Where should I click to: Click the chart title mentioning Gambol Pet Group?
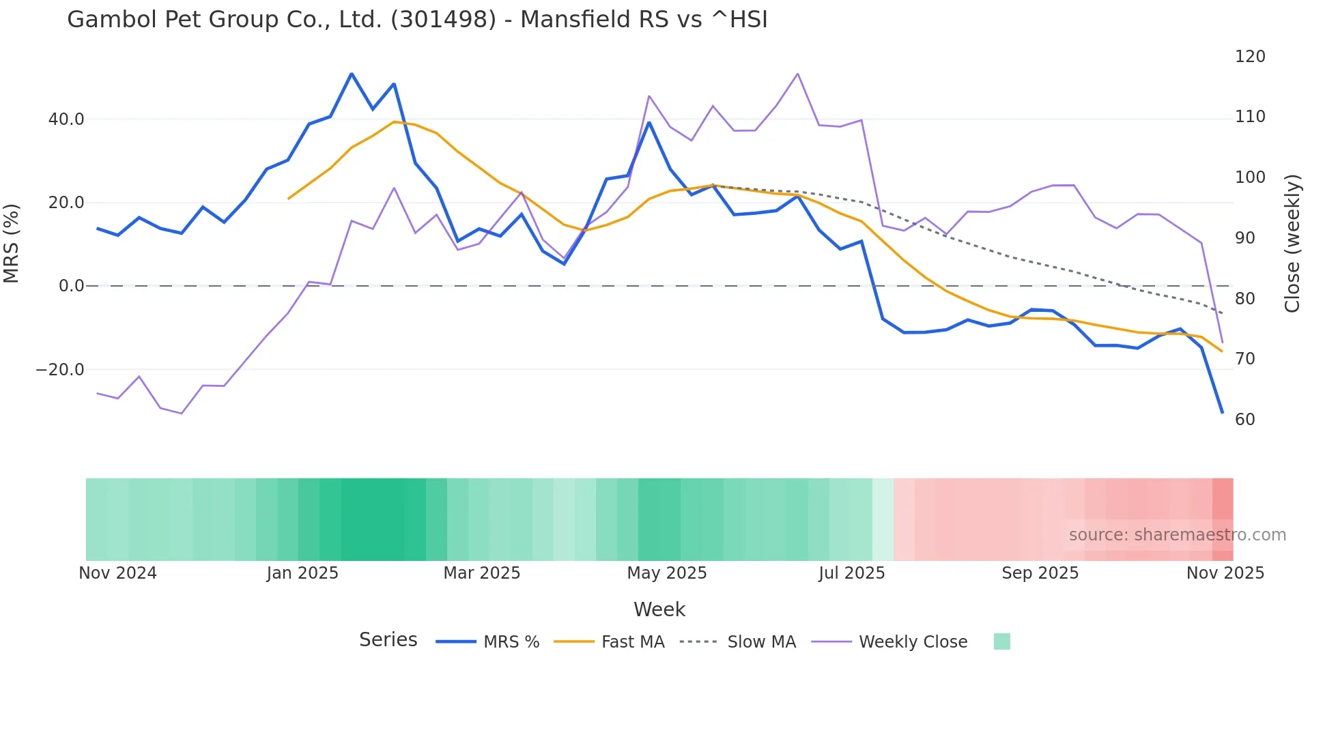pyautogui.click(x=417, y=20)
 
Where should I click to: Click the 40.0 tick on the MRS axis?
pyautogui.click(x=66, y=119)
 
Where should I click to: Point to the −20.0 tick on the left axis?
pyautogui.click(x=60, y=370)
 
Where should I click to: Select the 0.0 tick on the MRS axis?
pyautogui.click(x=72, y=286)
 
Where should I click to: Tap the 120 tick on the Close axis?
pyautogui.click(x=1250, y=57)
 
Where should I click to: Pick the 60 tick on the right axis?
pyautogui.click(x=1245, y=420)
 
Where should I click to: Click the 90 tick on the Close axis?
pyautogui.click(x=1245, y=238)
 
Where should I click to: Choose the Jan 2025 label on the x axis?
pyautogui.click(x=302, y=573)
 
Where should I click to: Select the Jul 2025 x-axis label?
pyautogui.click(x=851, y=573)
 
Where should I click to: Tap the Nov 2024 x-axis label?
pyautogui.click(x=117, y=573)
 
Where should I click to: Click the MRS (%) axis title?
pyautogui.click(x=12, y=243)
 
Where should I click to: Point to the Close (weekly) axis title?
pyautogui.click(x=1292, y=244)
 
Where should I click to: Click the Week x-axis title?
pyautogui.click(x=659, y=609)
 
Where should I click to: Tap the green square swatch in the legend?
pyautogui.click(x=1001, y=641)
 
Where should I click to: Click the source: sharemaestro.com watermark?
pyautogui.click(x=1177, y=535)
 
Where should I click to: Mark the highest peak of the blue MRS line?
pyautogui.click(x=352, y=74)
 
